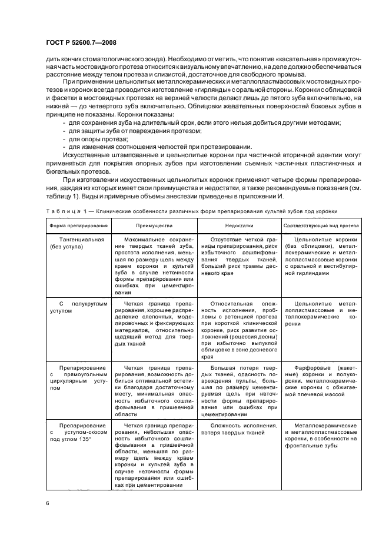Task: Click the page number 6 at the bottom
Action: tap(46, 502)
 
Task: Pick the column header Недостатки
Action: tap(238, 225)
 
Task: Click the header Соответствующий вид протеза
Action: tap(314, 225)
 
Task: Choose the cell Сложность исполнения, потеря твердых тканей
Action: tap(238, 429)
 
